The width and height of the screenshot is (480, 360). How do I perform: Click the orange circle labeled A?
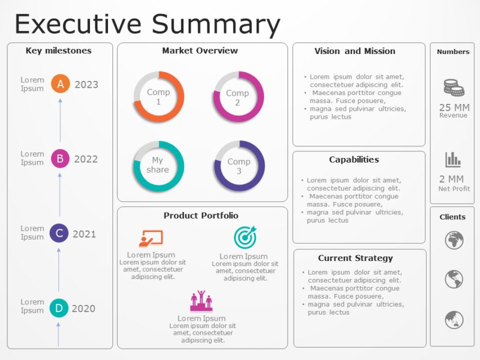tap(60, 84)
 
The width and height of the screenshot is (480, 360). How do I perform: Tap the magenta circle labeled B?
tap(60, 159)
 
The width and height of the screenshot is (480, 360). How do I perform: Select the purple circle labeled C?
tap(59, 233)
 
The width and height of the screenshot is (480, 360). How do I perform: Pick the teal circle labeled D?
tap(59, 308)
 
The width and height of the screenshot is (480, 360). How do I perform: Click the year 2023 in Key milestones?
tap(86, 85)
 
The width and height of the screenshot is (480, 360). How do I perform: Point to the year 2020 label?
tap(83, 308)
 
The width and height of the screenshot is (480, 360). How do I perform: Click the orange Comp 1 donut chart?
tap(159, 97)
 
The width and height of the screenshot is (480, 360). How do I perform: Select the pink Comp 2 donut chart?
tap(239, 97)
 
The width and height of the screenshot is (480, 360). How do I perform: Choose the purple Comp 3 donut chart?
tap(239, 166)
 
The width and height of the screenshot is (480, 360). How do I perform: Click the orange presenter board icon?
tap(150, 238)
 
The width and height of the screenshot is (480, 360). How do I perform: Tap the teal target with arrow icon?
tap(245, 237)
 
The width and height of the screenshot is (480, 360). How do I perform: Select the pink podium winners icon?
tap(201, 301)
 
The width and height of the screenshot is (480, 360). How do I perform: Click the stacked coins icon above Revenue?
tap(454, 88)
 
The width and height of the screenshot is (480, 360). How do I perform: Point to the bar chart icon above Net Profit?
tap(453, 160)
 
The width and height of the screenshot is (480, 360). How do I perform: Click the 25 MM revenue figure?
tap(454, 107)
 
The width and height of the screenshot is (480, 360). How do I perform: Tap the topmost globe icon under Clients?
tap(454, 240)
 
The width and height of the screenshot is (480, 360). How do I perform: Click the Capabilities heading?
tap(354, 160)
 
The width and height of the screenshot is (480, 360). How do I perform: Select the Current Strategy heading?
tap(355, 258)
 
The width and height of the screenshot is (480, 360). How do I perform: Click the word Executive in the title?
tap(79, 24)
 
